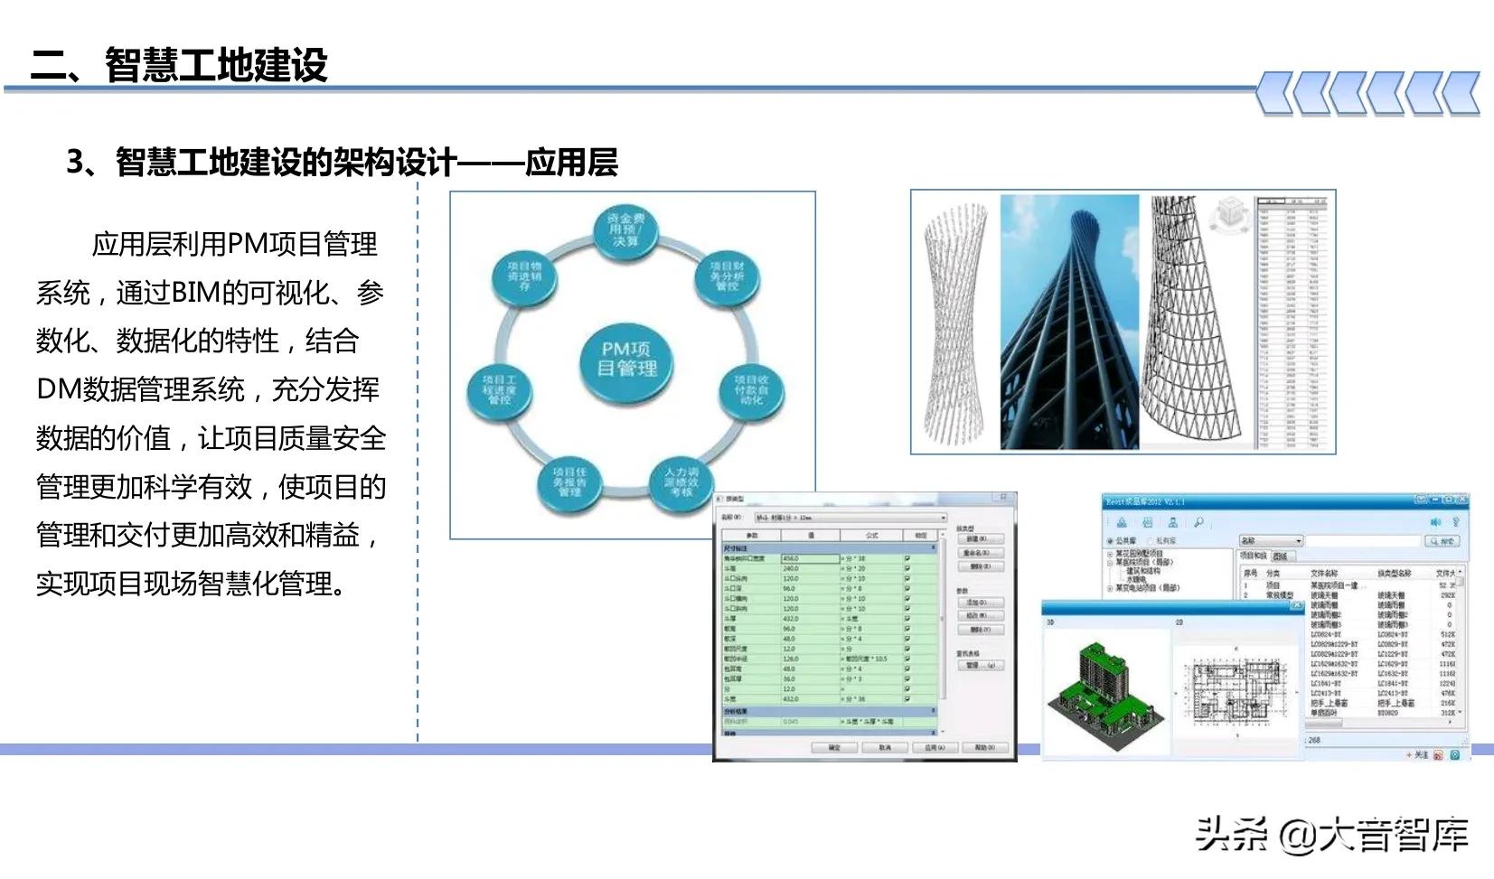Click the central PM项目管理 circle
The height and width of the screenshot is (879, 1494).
point(626,360)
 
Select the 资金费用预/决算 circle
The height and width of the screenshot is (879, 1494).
point(625,230)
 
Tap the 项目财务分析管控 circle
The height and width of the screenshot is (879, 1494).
point(727,276)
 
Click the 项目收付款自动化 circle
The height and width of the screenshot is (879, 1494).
point(751,390)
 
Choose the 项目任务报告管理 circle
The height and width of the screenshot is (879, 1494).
point(569,481)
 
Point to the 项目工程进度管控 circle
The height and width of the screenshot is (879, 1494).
point(500,390)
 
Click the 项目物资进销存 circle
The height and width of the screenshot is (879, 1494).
point(524,276)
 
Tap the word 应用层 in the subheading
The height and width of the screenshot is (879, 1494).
point(571,163)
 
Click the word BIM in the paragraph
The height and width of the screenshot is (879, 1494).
point(195,293)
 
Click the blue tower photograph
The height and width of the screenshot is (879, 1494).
point(1069,323)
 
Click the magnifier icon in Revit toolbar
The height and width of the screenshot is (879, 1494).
point(1198,522)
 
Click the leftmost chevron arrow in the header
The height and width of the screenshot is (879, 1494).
point(1275,93)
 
